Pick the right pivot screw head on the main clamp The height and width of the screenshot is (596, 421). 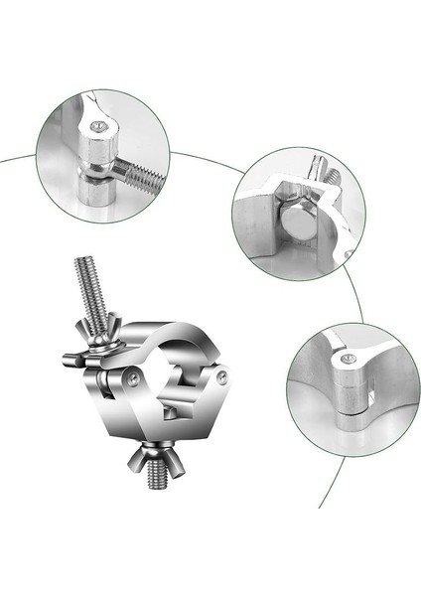pyautogui.click(x=221, y=376)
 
